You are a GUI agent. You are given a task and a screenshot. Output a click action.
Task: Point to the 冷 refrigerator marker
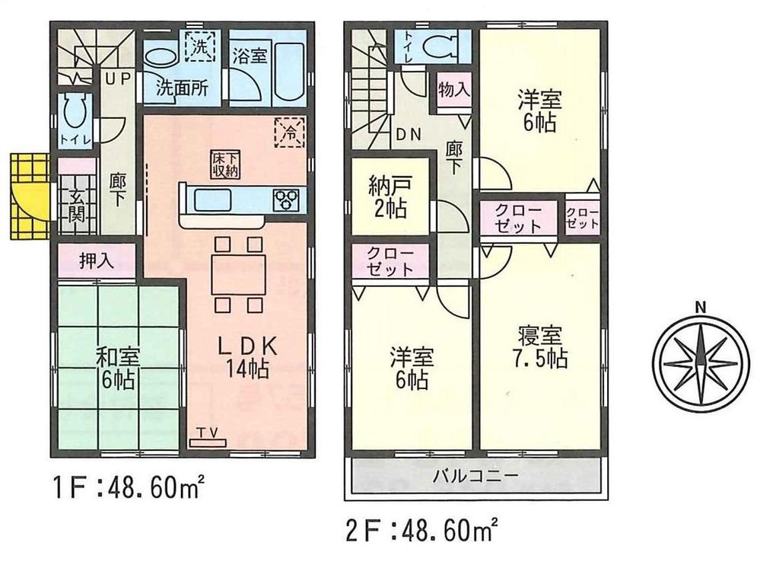point(290,130)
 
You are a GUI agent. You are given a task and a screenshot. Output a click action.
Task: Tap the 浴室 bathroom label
point(250,56)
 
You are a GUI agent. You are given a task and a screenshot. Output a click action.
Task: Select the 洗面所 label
point(182,87)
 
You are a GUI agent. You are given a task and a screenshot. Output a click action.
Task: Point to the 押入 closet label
point(97,261)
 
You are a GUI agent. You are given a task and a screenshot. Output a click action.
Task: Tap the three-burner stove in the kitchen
point(288,200)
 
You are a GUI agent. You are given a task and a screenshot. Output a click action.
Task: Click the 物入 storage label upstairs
point(453,89)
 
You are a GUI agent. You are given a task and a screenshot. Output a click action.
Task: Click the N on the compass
point(698,308)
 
